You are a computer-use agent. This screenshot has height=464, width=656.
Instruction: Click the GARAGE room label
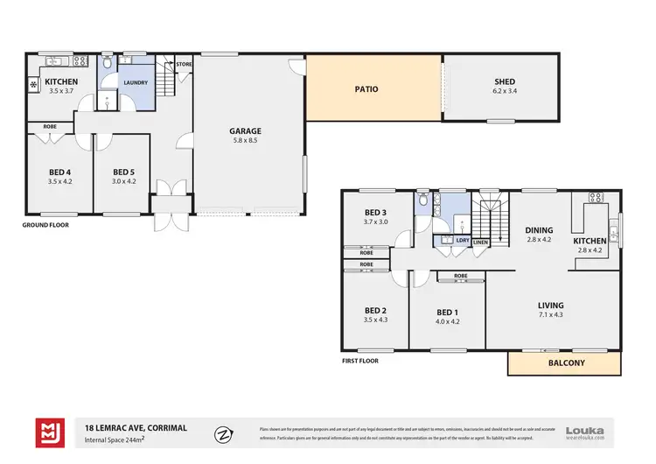click(247, 131)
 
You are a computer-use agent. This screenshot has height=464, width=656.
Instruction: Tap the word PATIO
click(366, 88)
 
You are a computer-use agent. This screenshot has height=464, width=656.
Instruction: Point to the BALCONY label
click(566, 362)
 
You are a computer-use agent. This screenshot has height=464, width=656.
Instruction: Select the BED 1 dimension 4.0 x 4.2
click(446, 321)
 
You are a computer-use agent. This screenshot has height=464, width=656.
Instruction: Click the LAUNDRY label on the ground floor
click(135, 83)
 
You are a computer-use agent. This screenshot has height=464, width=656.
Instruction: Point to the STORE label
click(184, 64)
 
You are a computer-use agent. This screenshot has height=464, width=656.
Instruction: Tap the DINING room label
click(539, 230)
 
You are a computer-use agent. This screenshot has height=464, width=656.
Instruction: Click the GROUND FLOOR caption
click(45, 225)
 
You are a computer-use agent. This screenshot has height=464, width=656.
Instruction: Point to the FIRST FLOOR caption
click(361, 360)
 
